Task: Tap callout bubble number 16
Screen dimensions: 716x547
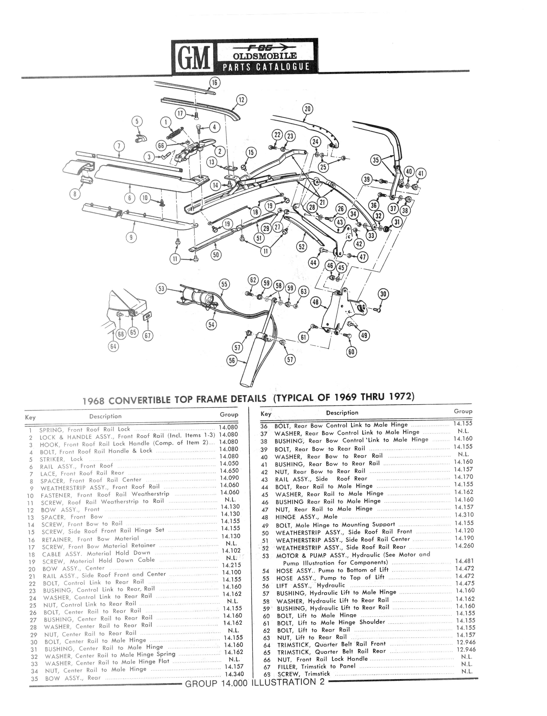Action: click(214, 83)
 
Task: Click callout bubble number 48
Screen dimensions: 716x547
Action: click(315, 302)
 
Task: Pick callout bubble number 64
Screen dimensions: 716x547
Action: click(113, 346)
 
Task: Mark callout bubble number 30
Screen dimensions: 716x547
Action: click(383, 294)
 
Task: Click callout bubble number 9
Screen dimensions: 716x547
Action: click(131, 237)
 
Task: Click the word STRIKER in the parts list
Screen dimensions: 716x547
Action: click(52, 459)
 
